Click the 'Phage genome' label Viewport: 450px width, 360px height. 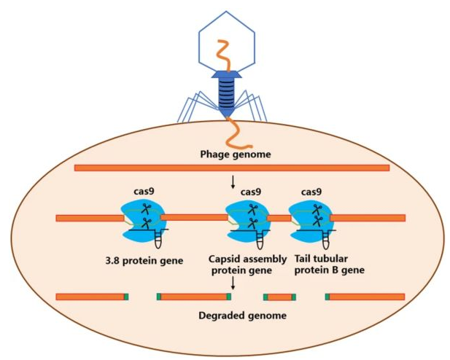tap(231, 154)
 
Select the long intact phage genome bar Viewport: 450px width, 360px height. tap(231, 168)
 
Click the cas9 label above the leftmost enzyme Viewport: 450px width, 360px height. tap(141, 192)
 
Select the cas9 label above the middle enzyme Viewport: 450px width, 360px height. tap(250, 192)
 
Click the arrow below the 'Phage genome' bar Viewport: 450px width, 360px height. tap(232, 183)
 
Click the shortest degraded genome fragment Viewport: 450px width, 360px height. tap(279, 297)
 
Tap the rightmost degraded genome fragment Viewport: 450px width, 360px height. tap(365, 297)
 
